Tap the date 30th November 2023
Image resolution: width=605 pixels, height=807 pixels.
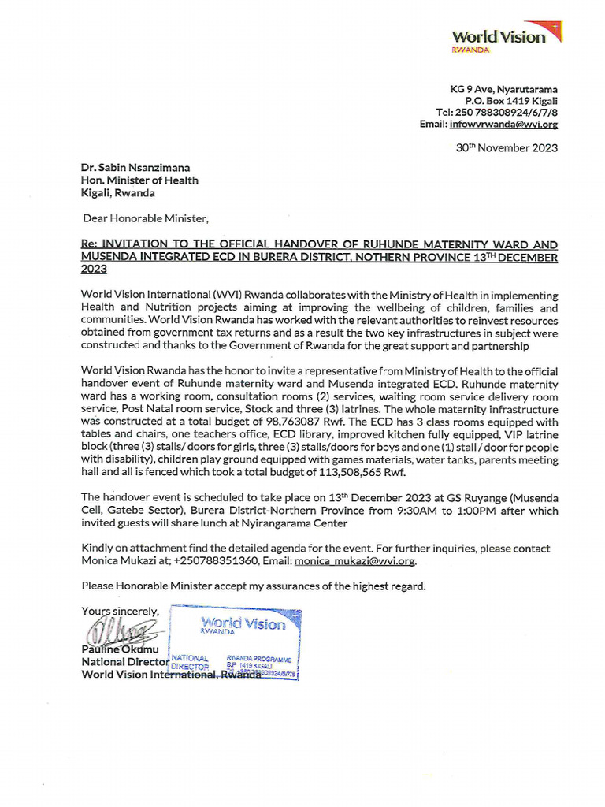(507, 147)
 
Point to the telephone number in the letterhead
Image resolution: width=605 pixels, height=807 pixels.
(496, 113)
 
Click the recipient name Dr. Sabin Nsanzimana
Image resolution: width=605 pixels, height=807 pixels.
(135, 168)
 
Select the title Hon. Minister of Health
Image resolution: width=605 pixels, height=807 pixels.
(139, 180)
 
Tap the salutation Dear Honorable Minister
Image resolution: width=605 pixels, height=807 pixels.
(147, 218)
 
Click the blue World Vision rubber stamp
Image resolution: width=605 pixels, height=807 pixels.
(236, 643)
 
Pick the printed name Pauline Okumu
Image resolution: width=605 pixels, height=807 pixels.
(121, 649)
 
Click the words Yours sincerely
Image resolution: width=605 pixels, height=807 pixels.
(120, 611)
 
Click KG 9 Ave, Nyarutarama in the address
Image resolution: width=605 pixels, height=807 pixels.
(503, 89)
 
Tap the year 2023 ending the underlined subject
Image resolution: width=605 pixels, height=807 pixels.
(95, 269)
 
